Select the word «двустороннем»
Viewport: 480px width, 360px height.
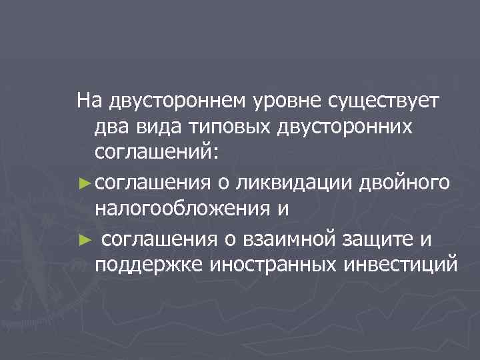click(175, 102)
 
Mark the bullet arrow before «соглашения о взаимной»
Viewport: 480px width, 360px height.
click(83, 237)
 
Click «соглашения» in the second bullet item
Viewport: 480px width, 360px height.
click(159, 236)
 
